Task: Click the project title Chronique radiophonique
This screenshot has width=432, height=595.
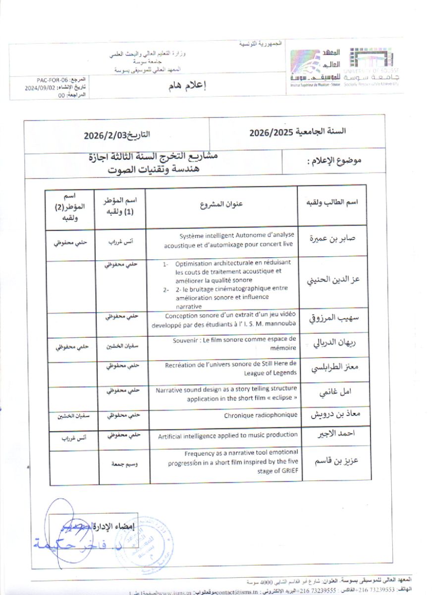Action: (261, 415)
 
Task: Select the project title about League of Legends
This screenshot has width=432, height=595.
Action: (231, 368)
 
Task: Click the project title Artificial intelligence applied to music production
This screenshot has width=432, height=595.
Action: (228, 436)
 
